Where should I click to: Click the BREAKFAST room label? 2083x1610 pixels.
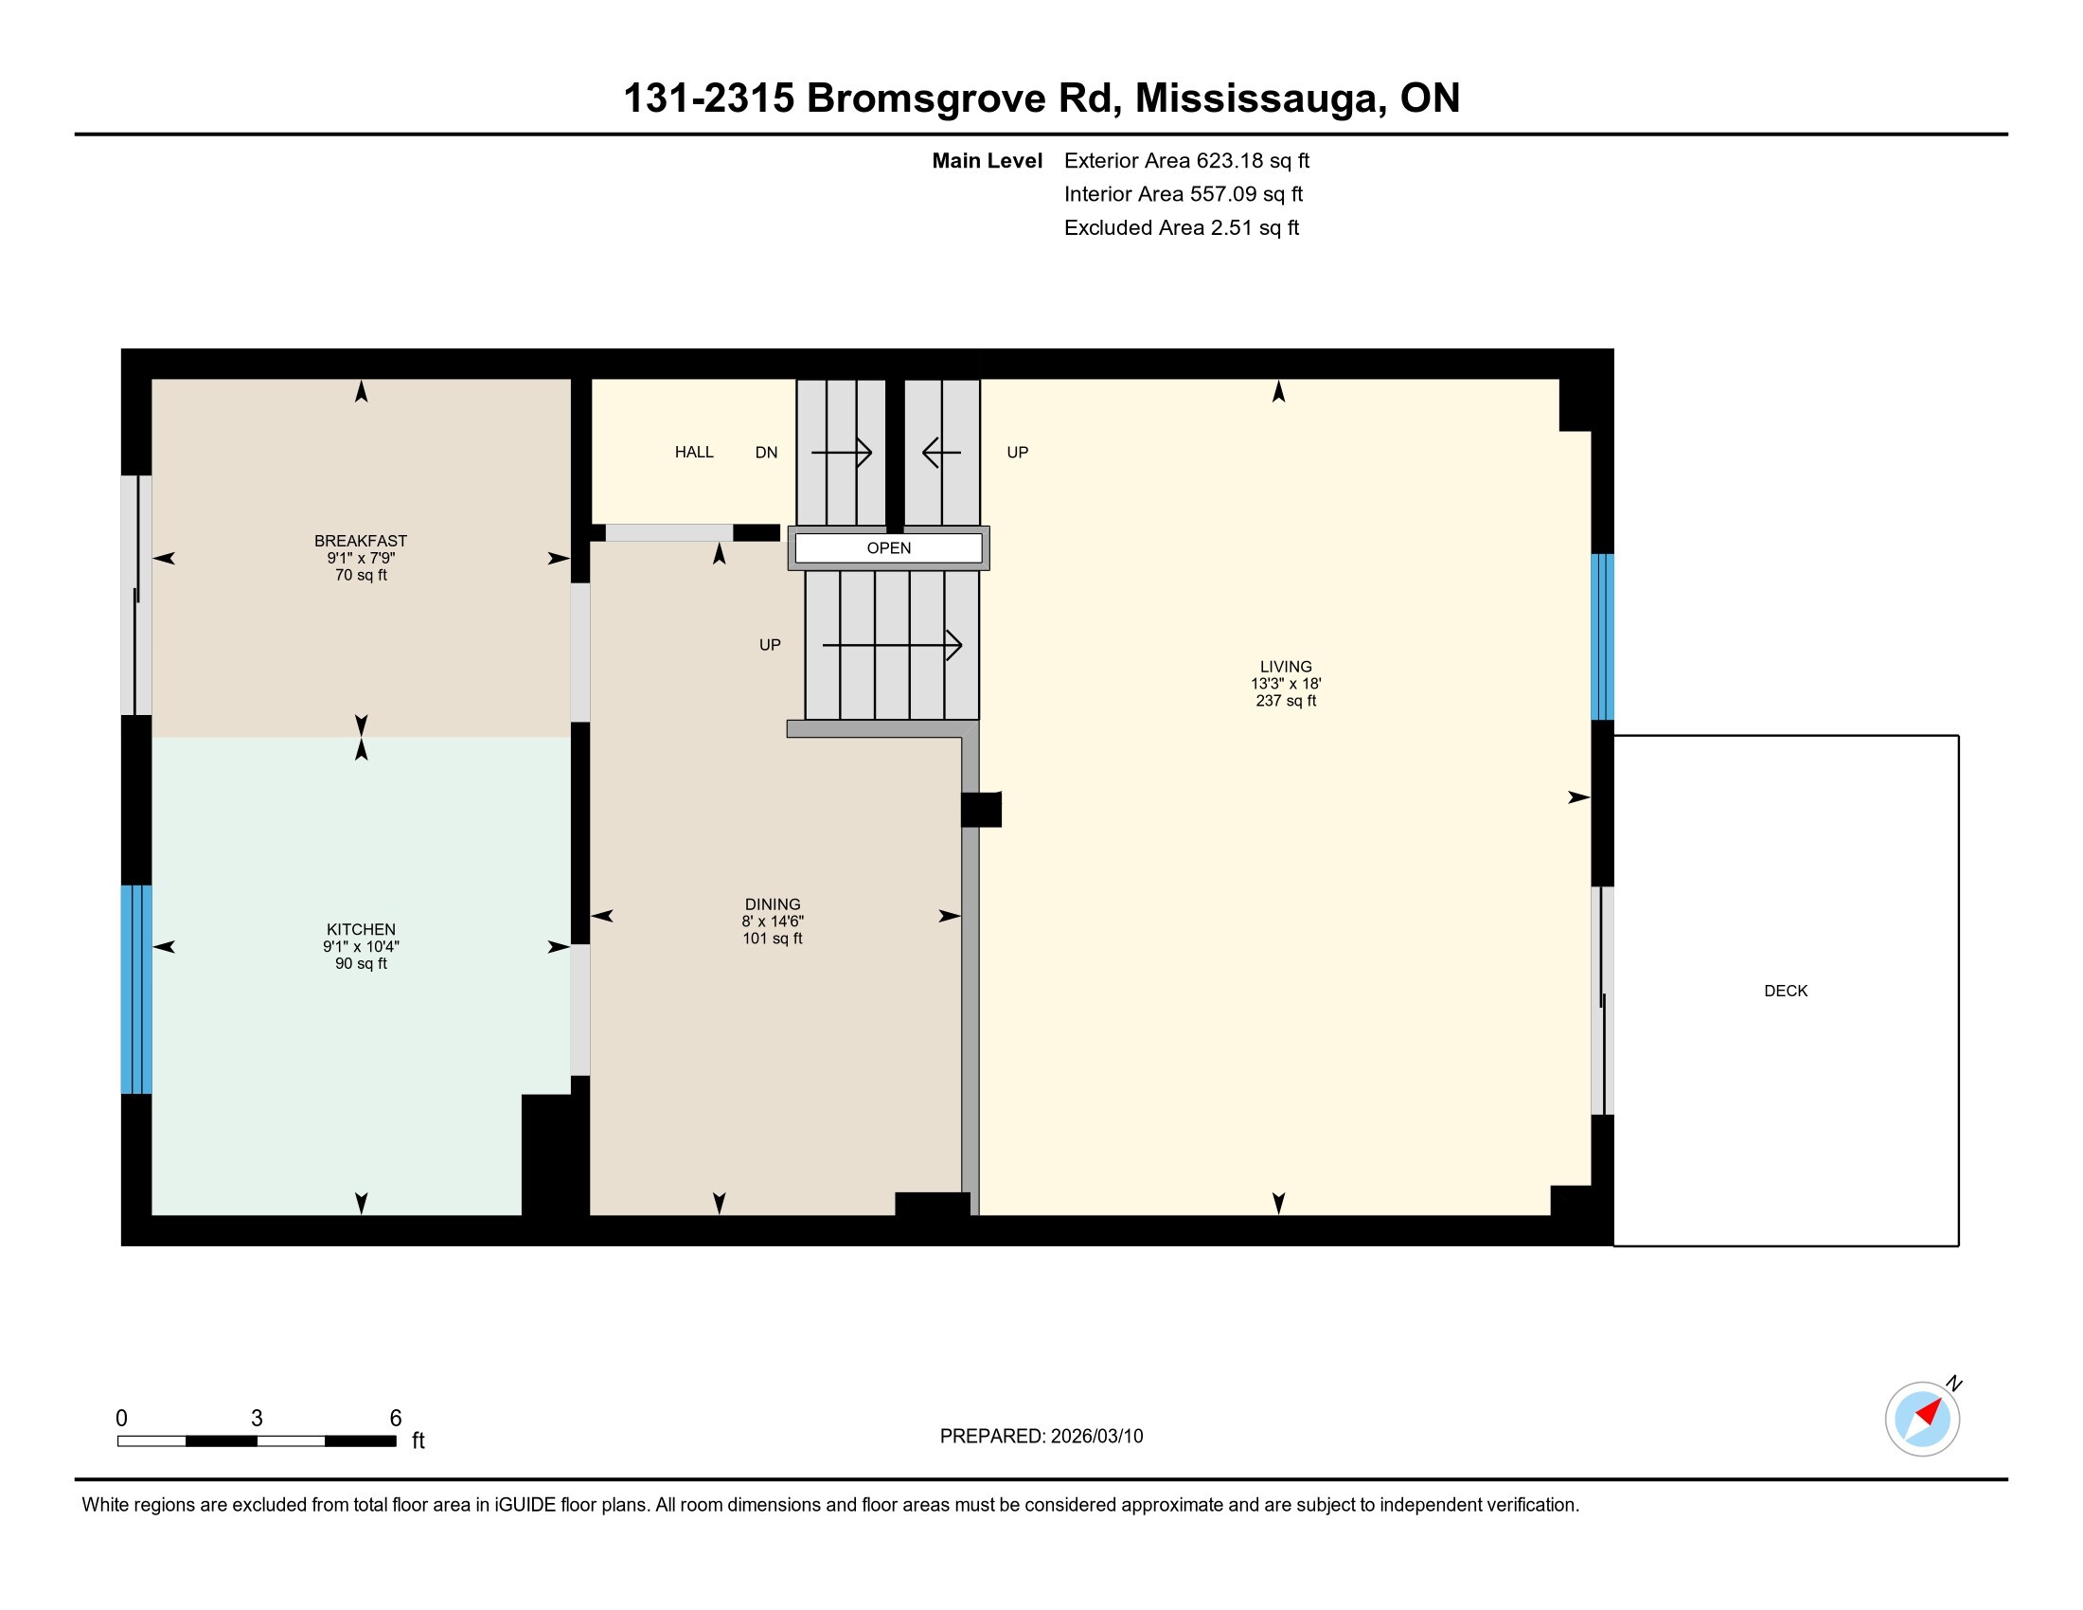(361, 541)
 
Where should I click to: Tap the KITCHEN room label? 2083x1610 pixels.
(361, 929)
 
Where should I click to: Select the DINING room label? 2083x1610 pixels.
(773, 904)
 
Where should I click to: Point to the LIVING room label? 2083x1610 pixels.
(1286, 667)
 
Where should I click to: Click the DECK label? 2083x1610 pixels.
(1786, 991)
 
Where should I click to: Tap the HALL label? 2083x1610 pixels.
(694, 452)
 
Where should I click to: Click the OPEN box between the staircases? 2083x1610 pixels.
(889, 547)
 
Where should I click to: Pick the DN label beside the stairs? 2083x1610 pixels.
(766, 452)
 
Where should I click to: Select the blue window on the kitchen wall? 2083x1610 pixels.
(136, 989)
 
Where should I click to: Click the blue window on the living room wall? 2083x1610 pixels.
(1602, 636)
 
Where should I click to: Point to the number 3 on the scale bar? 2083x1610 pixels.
(257, 1419)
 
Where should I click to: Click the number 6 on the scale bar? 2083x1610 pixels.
(396, 1419)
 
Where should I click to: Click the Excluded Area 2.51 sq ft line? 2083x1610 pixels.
(1182, 227)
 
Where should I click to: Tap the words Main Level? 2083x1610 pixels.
(988, 160)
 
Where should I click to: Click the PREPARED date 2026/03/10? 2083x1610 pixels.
(1096, 1437)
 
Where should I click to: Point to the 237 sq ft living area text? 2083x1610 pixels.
(1286, 701)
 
